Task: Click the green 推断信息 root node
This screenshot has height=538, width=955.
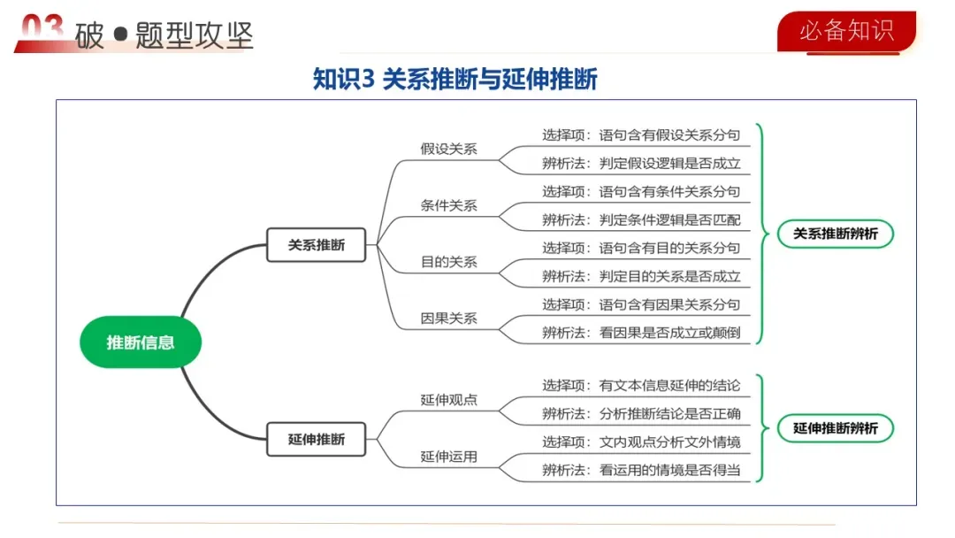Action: tap(141, 342)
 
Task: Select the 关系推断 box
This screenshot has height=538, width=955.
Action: tap(317, 245)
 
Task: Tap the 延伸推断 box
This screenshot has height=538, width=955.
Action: tap(317, 439)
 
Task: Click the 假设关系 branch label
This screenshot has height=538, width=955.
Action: tap(448, 149)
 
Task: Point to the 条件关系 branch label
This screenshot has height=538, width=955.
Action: tap(448, 205)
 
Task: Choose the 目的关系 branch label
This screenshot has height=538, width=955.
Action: tap(448, 262)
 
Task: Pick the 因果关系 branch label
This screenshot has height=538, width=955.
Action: tap(448, 318)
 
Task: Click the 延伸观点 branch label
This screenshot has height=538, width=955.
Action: tap(448, 399)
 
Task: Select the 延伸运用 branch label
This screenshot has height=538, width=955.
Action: tap(448, 457)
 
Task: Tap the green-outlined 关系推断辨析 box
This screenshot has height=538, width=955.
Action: tap(836, 234)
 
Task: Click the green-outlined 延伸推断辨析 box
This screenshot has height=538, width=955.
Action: tap(836, 428)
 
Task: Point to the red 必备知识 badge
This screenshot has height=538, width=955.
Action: tap(846, 31)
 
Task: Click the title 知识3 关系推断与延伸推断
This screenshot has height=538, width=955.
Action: tap(455, 80)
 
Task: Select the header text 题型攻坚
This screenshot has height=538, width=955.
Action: tap(195, 35)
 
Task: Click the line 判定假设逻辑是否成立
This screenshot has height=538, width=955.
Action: tap(641, 164)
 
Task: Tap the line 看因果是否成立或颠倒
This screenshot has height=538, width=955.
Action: tap(641, 334)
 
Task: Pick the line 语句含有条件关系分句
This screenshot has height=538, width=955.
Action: tap(641, 192)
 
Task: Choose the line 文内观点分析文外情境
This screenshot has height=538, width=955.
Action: tap(641, 442)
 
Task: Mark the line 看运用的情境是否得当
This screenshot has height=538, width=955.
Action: tap(641, 470)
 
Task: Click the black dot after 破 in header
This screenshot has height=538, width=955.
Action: tap(120, 36)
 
